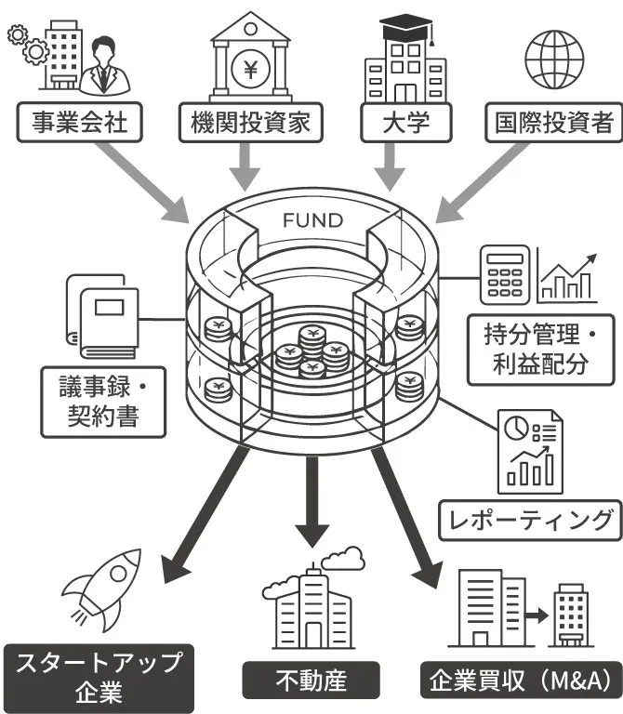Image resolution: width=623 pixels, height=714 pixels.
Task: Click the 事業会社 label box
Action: [79, 122]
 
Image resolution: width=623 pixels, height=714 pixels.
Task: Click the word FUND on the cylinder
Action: [312, 221]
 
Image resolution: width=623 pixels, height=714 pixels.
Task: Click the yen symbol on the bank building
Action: [248, 67]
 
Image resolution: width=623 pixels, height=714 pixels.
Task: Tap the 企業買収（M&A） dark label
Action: [521, 681]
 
